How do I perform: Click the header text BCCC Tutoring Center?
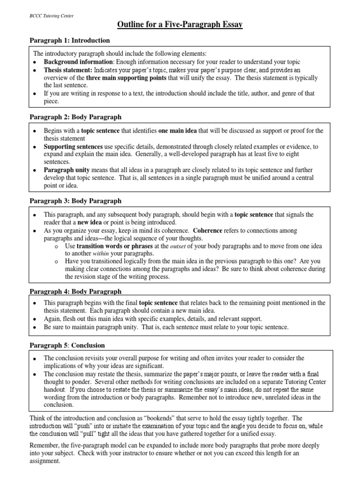click(52, 15)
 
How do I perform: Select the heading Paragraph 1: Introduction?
click(70, 41)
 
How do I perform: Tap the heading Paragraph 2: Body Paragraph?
click(75, 117)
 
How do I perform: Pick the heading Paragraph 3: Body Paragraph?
click(75, 201)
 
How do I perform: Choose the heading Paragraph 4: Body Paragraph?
click(75, 291)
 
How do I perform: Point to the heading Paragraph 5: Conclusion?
click(67, 345)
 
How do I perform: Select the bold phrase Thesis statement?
click(68, 70)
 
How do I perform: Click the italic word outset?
click(178, 246)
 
